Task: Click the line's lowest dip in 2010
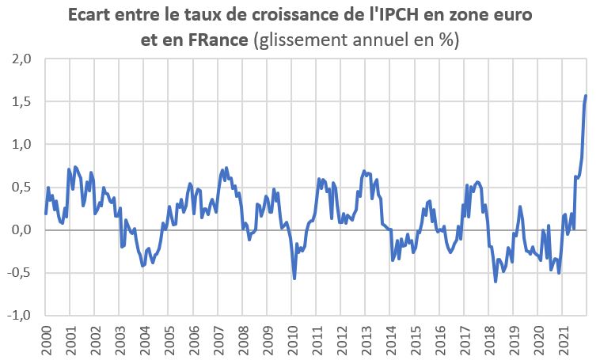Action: coord(294,279)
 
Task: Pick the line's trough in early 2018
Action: coord(496,281)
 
